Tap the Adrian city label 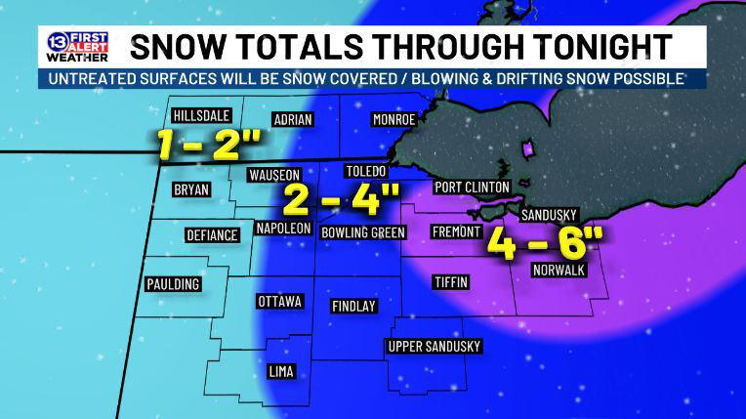[x=293, y=119]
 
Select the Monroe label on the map [x=394, y=119]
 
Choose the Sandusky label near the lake [x=550, y=215]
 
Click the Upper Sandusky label [x=435, y=347]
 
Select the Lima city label [x=280, y=371]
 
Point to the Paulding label [x=173, y=284]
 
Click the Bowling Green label [x=362, y=232]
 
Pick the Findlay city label [x=353, y=306]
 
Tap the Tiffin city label [x=450, y=282]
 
